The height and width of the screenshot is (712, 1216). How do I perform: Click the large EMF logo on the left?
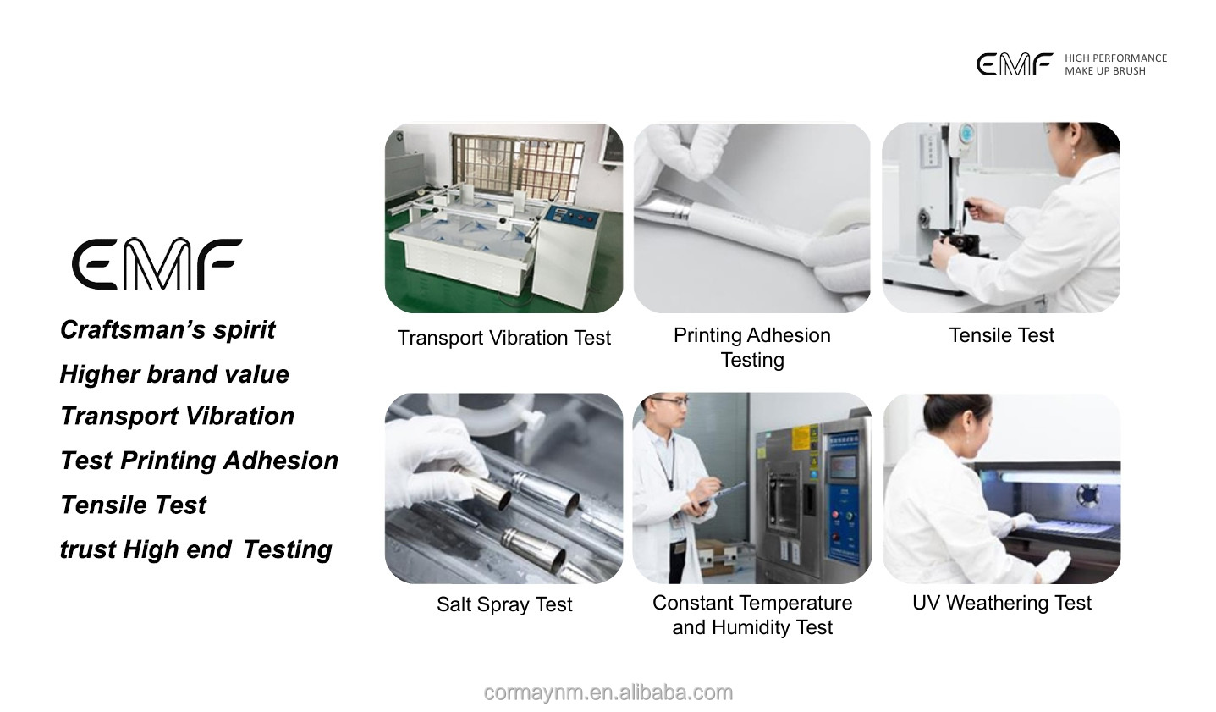tap(157, 263)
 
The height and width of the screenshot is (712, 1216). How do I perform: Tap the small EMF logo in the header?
tap(1014, 64)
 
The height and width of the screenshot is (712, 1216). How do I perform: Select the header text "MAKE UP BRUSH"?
tap(1104, 71)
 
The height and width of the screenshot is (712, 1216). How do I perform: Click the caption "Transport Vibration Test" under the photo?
tap(503, 338)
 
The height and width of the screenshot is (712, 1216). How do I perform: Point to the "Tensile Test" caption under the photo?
tap(1001, 335)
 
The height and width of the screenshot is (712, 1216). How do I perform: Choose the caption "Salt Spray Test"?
tap(504, 604)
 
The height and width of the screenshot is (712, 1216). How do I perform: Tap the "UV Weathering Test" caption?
tap(1001, 603)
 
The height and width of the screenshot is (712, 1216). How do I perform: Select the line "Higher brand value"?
tap(174, 374)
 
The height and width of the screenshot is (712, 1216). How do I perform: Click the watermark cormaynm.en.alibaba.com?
tap(608, 693)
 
